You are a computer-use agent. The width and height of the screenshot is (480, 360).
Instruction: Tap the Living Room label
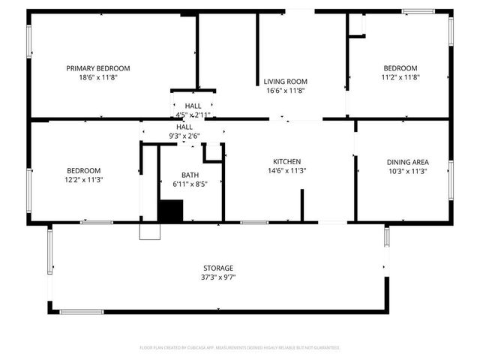[x=285, y=82]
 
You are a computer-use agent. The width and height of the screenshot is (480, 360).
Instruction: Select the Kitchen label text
[x=286, y=162]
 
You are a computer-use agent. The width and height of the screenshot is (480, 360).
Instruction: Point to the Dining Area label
[x=407, y=162]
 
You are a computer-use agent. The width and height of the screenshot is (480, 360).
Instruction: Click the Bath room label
[x=189, y=175]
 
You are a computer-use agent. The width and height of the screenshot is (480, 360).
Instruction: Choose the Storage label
[x=218, y=268]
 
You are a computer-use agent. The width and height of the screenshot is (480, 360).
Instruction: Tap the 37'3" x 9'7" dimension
[x=218, y=277]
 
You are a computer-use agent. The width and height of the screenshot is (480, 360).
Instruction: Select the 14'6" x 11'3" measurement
[x=286, y=171]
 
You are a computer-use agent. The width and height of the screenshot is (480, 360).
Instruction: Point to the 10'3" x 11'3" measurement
[x=407, y=171]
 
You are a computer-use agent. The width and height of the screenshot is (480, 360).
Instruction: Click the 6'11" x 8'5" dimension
[x=189, y=184]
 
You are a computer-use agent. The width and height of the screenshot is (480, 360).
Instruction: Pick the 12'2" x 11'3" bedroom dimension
[x=83, y=180]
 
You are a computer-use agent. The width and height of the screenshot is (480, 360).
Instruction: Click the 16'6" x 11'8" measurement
[x=285, y=91]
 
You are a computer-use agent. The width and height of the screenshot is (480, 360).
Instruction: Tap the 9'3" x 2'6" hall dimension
[x=184, y=136]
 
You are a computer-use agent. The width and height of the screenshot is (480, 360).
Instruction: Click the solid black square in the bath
[x=170, y=211]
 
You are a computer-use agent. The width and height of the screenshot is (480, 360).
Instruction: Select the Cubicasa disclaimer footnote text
[x=240, y=347]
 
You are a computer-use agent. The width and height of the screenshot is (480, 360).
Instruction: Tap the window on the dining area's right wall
[x=451, y=179]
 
